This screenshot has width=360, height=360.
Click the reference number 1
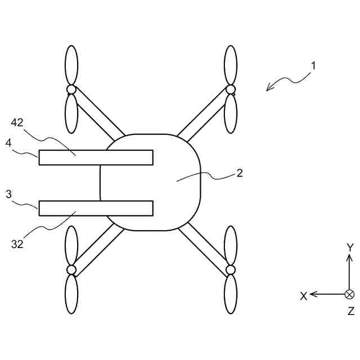point(313,65)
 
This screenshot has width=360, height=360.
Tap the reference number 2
point(240,173)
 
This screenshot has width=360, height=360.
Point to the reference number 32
point(17,244)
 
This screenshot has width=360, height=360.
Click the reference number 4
point(8,143)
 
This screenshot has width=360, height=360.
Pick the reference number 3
point(8,194)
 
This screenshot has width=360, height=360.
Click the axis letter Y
point(349,247)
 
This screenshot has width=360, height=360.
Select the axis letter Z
point(350,311)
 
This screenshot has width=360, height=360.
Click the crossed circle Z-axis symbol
point(349,294)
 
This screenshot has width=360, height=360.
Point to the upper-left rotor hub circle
point(71,89)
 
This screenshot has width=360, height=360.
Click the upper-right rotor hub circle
point(230,89)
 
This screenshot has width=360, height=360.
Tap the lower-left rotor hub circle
point(71,270)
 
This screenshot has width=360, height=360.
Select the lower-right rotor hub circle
point(230,270)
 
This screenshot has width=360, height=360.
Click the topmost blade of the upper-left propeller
point(71,65)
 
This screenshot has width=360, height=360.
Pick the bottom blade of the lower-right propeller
point(230,294)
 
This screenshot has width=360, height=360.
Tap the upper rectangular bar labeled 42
point(96,157)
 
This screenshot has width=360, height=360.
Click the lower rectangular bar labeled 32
point(96,208)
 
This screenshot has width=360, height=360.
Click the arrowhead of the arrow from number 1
point(269,88)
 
